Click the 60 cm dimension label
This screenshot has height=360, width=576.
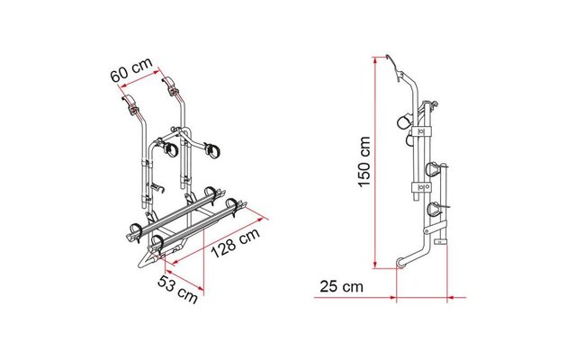131,69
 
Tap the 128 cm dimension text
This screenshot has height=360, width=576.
236,242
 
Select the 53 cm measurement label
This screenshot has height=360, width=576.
178,289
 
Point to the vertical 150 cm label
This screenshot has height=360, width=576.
364,161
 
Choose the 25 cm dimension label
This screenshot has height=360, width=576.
341,286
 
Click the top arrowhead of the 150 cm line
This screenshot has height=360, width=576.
374,60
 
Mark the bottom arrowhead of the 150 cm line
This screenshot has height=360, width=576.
374,265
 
